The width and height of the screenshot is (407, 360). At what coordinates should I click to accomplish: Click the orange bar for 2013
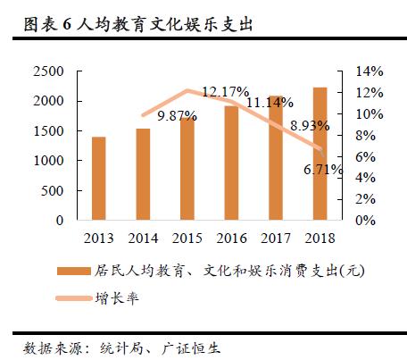(x=98, y=179)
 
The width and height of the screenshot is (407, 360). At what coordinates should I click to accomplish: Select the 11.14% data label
(x=269, y=105)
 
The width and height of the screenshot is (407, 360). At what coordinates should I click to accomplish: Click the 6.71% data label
(x=323, y=169)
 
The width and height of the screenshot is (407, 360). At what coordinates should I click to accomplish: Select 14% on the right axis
(x=370, y=71)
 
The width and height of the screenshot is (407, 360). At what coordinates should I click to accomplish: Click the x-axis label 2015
(x=187, y=237)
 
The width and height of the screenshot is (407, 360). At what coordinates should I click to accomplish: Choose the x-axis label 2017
(x=275, y=237)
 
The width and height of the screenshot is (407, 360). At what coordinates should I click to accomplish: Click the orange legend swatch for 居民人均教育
(x=73, y=272)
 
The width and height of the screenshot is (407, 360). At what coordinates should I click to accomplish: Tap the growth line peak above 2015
(x=187, y=90)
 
